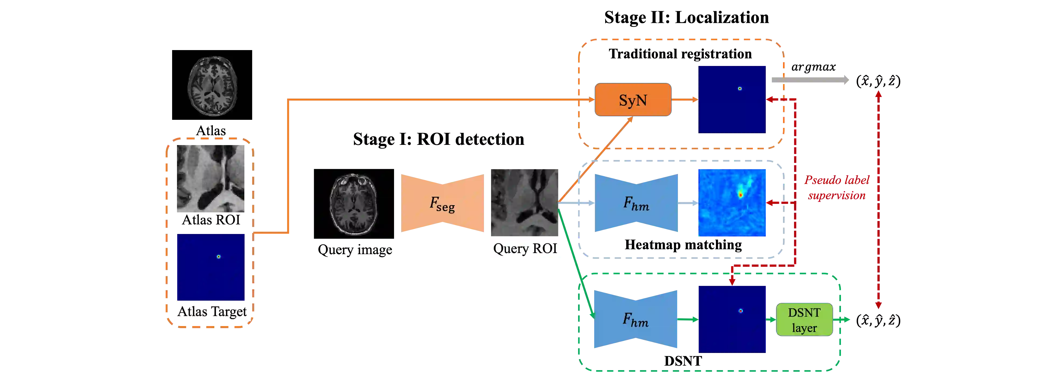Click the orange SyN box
pos(633,100)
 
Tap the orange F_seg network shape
pos(442,203)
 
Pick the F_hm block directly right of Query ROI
pos(636,203)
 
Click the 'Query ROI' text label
pos(525,248)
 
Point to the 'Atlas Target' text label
pos(212,311)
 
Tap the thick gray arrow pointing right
pos(810,80)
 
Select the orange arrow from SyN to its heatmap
pos(685,99)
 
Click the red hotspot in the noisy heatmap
pos(740,195)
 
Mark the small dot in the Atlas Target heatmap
pos(219,257)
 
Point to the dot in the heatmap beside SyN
pos(740,89)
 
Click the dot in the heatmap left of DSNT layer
pos(740,311)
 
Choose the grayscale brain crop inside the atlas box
pos(211,178)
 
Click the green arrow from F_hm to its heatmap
pos(688,320)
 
